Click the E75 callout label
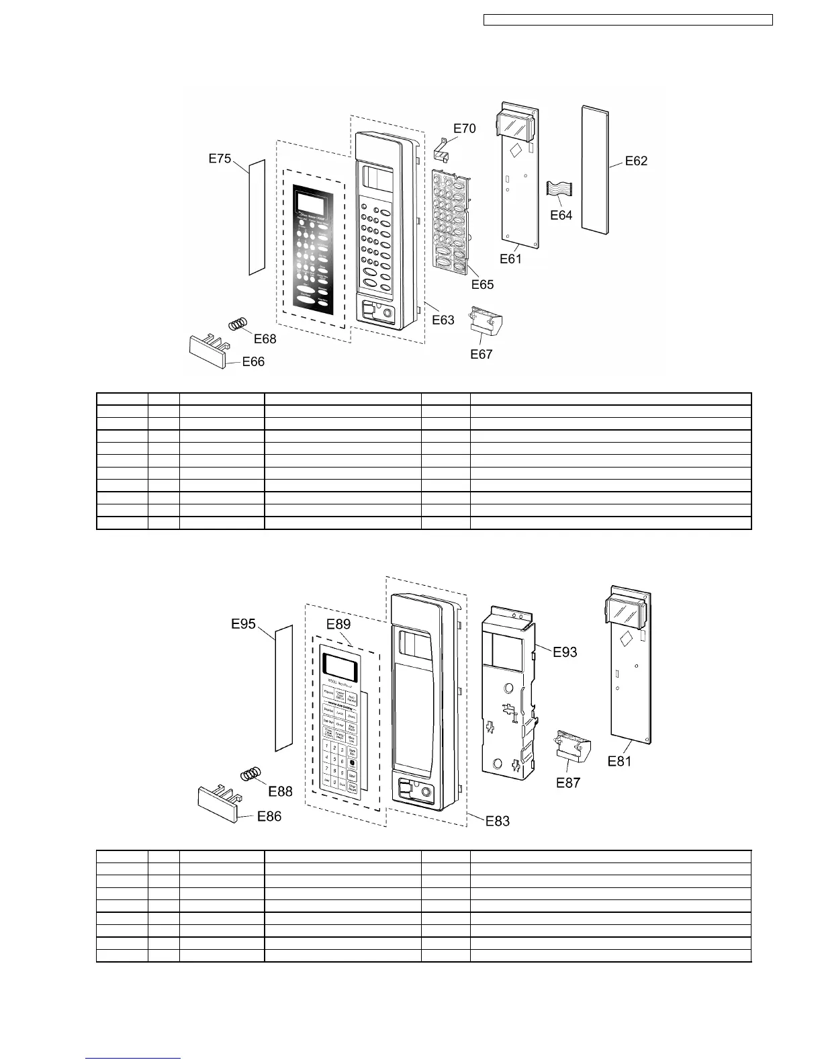tap(220, 159)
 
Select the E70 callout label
tap(464, 128)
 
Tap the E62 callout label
tap(636, 161)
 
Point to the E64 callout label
tap(561, 215)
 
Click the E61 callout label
tap(510, 259)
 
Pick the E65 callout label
tap(482, 284)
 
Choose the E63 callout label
tap(443, 320)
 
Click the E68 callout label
tap(265, 339)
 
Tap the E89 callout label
tap(338, 624)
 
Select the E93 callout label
tap(565, 652)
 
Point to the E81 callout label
tap(619, 761)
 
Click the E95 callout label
tap(243, 624)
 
